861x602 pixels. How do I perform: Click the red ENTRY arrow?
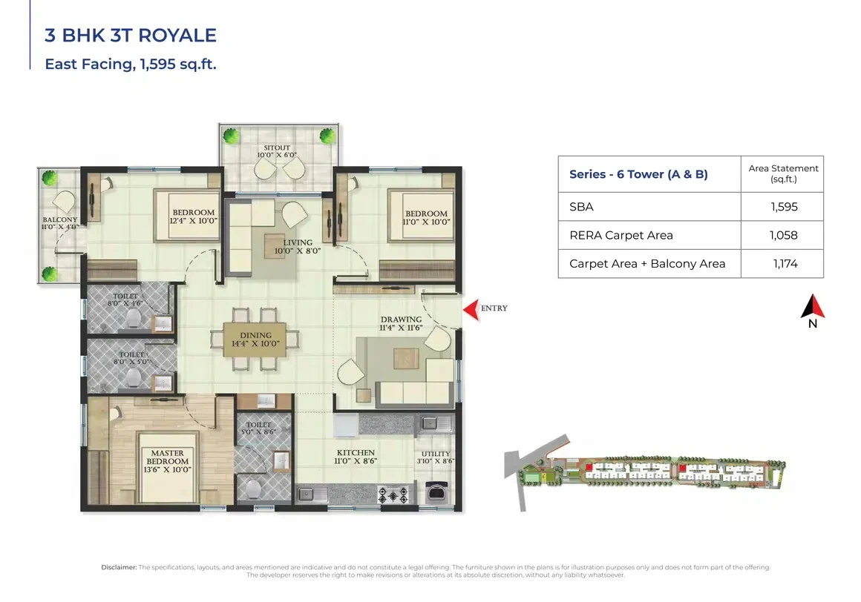tap(471, 310)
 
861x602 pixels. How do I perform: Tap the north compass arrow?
tap(813, 306)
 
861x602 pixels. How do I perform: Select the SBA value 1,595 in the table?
tap(784, 207)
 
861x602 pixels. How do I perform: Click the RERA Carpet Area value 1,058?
tap(784, 235)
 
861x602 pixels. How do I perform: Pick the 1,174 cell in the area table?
tap(785, 264)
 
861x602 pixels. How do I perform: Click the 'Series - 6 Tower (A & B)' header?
tap(638, 174)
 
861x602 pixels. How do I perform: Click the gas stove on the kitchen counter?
tap(393, 495)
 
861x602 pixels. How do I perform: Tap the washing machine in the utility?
tap(436, 492)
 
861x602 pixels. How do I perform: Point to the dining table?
tap(255, 340)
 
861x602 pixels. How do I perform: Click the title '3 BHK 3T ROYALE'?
tap(131, 35)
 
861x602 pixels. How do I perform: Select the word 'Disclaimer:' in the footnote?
tap(119, 567)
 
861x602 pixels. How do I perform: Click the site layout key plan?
tap(645, 472)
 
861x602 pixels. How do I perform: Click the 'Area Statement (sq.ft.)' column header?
tap(783, 173)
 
